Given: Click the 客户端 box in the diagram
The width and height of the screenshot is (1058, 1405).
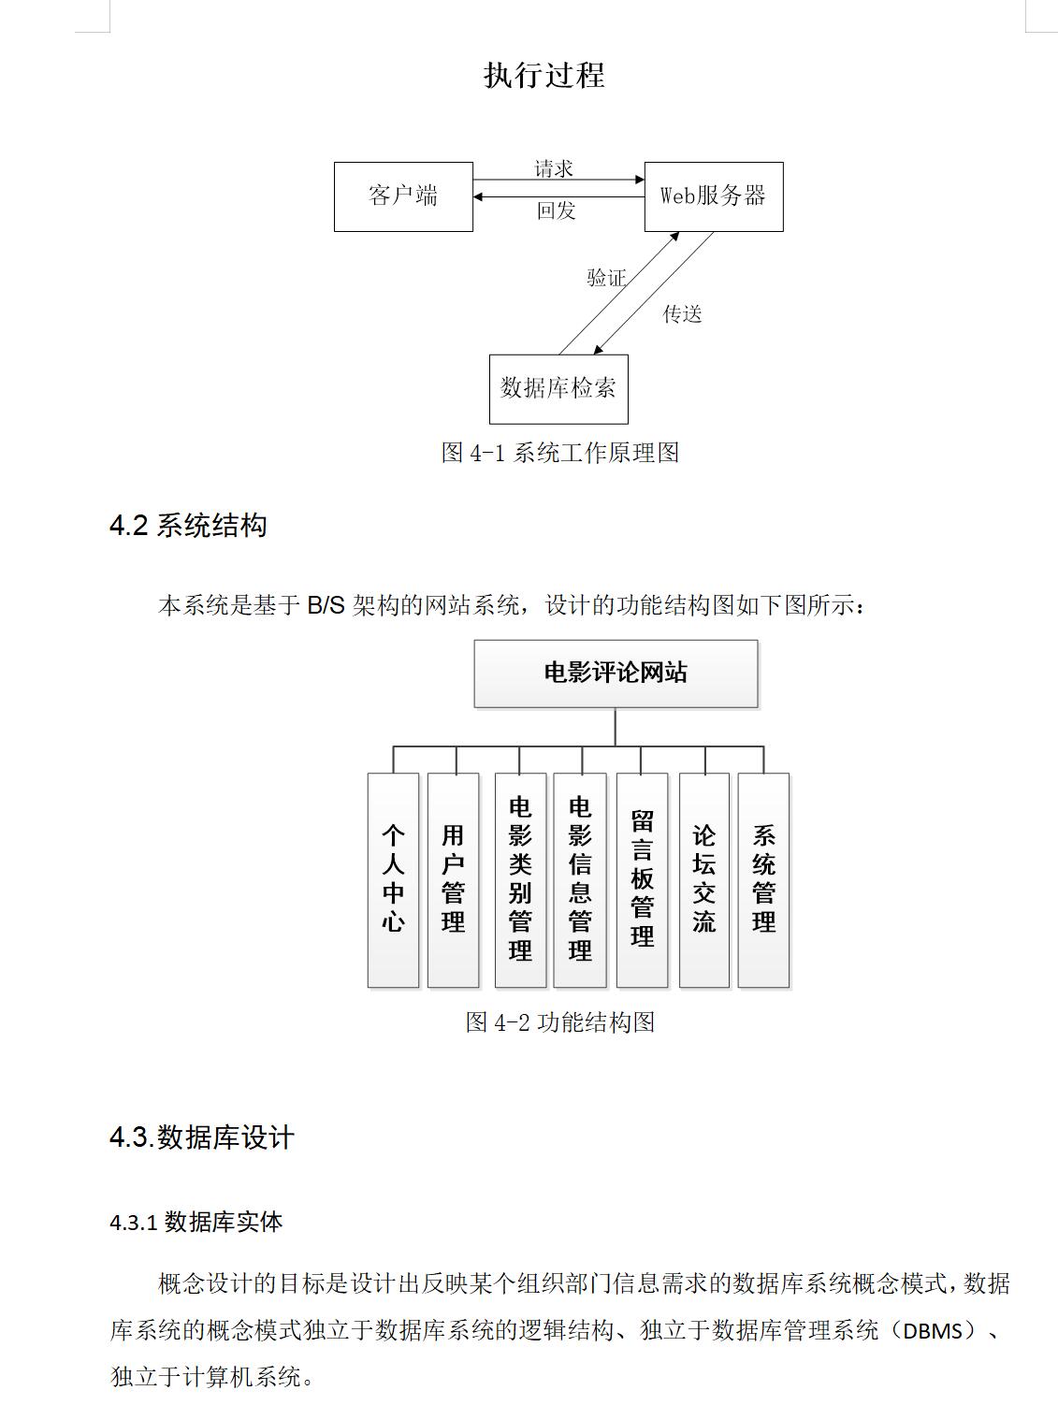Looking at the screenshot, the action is [x=403, y=196].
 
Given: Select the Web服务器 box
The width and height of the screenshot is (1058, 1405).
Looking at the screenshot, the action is [x=714, y=196].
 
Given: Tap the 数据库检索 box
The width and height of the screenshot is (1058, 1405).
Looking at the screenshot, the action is [x=558, y=389].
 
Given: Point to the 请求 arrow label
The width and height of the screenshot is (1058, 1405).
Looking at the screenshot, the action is [x=554, y=169].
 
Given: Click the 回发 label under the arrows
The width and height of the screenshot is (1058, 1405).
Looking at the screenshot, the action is [x=557, y=210].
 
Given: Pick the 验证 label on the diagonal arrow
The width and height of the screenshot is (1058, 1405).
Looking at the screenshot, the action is [x=606, y=278].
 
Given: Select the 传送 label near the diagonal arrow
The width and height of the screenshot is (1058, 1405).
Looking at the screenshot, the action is [x=682, y=313].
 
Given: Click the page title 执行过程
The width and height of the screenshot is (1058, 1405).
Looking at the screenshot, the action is [x=544, y=75].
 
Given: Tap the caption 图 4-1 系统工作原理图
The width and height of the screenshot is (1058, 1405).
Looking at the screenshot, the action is [x=560, y=453].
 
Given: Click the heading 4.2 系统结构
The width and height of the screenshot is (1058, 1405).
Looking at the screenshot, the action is [x=188, y=526].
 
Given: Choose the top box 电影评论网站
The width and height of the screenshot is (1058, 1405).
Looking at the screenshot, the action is [x=616, y=674].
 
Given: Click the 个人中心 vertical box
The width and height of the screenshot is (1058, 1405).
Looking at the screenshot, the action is [x=393, y=879].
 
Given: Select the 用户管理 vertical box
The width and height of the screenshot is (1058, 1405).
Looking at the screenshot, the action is [x=453, y=879].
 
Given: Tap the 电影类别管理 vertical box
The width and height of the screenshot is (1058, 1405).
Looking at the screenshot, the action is [x=520, y=879].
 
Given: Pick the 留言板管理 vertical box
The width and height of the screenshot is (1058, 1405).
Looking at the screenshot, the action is [x=642, y=879].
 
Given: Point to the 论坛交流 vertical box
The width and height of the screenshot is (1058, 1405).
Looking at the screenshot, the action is [x=704, y=879].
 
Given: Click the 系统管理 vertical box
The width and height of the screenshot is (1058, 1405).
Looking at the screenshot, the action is [x=763, y=879].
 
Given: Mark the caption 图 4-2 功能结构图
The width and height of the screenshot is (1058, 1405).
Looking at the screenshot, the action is [x=560, y=1022].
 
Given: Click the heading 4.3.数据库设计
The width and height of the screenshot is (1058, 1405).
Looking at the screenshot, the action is [x=202, y=1137].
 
